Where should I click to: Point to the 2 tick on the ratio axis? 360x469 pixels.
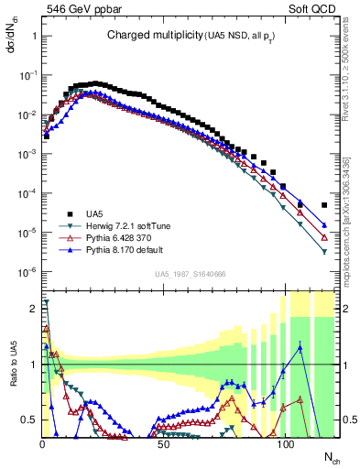click(x=32, y=309)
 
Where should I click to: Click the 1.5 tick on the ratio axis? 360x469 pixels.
click(x=29, y=336)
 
